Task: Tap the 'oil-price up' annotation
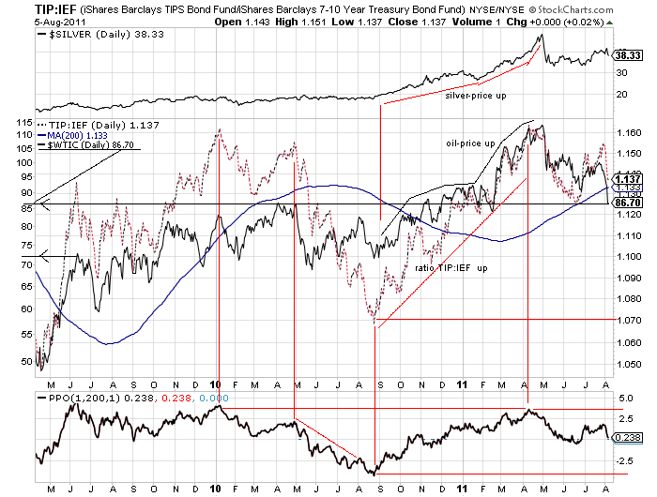(x=470, y=143)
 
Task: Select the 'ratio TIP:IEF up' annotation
(x=450, y=267)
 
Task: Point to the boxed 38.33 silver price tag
(x=627, y=56)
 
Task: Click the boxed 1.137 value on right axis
(x=627, y=178)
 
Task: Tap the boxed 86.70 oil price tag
(x=627, y=202)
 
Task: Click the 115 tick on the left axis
(x=23, y=121)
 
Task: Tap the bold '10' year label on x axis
(x=216, y=384)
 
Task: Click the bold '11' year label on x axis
(x=462, y=384)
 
